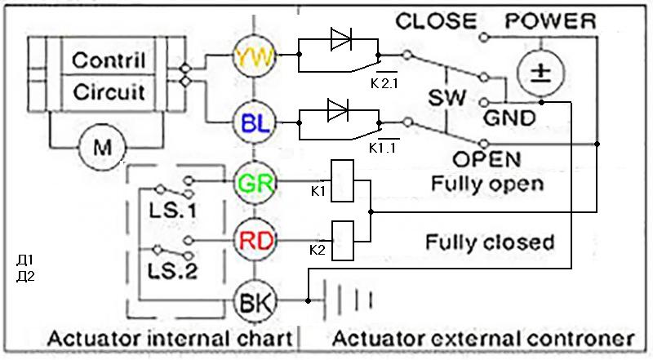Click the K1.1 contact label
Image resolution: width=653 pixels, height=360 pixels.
click(x=384, y=148)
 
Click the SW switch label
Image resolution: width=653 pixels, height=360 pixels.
click(x=447, y=99)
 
